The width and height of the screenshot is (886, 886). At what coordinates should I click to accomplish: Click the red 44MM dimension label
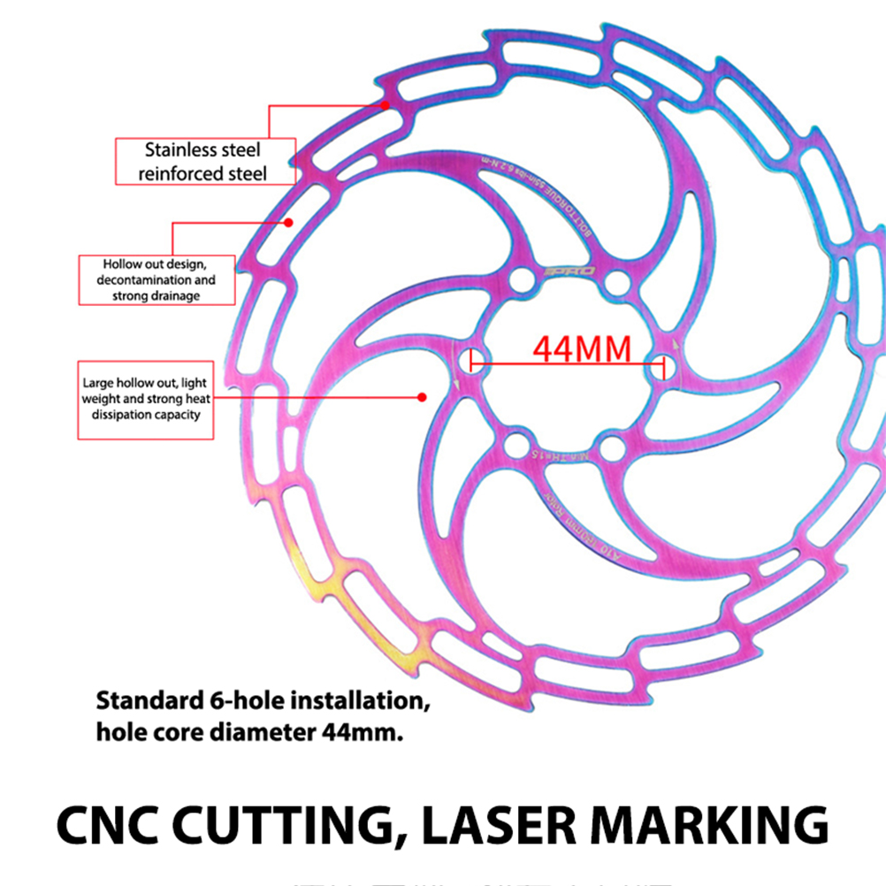pos(582,348)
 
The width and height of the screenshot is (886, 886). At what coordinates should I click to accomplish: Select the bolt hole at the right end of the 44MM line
pos(665,365)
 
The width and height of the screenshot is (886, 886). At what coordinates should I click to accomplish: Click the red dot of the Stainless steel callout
pos(385,105)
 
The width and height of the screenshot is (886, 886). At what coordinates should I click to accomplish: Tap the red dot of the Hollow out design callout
pos(288,222)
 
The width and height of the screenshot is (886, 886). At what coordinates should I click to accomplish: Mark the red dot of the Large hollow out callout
pos(422,397)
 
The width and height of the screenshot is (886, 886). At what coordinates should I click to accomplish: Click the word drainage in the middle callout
pos(179,295)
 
